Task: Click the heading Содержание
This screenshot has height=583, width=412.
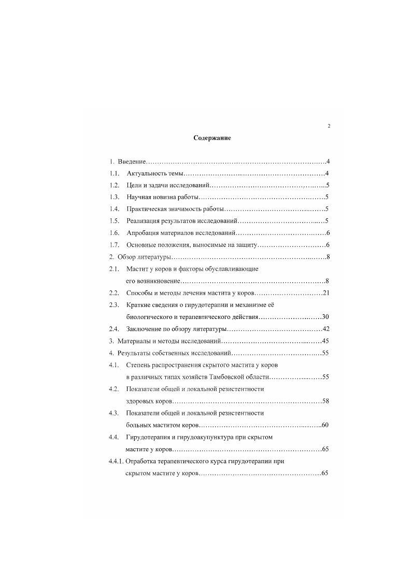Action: pyautogui.click(x=212, y=138)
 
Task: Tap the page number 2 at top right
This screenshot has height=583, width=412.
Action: pyautogui.click(x=329, y=126)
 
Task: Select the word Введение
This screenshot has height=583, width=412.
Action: pyautogui.click(x=132, y=161)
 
